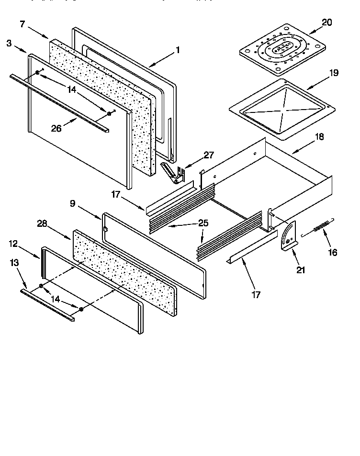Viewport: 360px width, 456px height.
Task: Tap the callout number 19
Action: (x=333, y=73)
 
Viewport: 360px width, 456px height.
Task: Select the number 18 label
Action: (x=319, y=137)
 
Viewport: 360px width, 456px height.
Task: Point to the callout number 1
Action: (x=178, y=49)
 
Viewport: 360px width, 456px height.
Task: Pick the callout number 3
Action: (x=9, y=43)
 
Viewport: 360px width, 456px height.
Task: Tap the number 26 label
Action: (x=56, y=128)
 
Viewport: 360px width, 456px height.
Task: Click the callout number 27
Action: (x=209, y=155)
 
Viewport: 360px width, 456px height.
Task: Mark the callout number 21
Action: (x=301, y=270)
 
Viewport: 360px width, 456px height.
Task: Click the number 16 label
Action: (x=332, y=252)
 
